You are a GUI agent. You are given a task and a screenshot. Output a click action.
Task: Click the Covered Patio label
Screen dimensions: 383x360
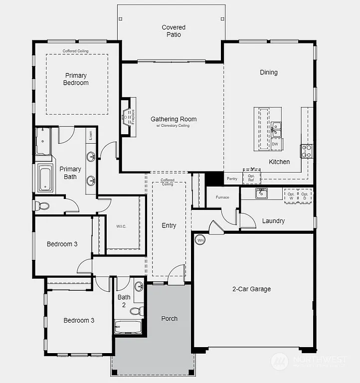click(174, 31)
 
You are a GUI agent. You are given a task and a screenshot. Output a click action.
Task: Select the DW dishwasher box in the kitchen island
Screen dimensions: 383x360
click(275, 144)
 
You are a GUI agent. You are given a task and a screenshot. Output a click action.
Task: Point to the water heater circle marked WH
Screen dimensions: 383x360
click(200, 240)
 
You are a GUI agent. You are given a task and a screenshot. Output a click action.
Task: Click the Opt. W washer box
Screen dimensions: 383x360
click(291, 196)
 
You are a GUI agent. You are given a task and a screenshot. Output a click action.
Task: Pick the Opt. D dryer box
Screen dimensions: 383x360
click(305, 196)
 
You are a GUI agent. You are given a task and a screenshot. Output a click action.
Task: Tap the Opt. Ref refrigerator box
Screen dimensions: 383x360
click(251, 177)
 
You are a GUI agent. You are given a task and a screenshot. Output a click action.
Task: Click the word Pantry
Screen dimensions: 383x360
click(232, 179)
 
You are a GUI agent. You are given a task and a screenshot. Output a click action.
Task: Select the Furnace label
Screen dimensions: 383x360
click(222, 197)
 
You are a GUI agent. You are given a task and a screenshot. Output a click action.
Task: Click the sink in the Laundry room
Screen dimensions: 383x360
click(261, 193)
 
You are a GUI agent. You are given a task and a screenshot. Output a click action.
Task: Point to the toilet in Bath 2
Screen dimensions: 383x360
click(135, 311)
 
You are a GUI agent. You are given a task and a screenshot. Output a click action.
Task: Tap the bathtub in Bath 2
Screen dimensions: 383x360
click(128, 327)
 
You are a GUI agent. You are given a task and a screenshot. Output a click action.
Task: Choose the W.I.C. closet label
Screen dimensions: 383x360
click(121, 226)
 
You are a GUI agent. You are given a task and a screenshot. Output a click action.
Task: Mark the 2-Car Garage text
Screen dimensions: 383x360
click(252, 289)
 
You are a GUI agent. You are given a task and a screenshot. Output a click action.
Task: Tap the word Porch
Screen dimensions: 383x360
click(169, 319)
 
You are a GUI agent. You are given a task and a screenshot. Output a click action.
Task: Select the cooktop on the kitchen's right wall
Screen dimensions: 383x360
click(306, 150)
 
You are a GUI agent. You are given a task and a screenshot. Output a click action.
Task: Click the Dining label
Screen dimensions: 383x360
click(269, 72)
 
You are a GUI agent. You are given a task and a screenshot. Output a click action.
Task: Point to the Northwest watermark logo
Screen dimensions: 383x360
click(279, 361)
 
